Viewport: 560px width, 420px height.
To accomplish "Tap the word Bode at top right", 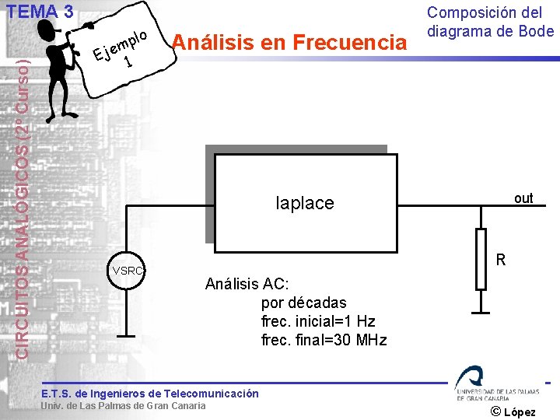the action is click(536, 31).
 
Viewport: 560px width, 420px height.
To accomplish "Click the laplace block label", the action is click(305, 203).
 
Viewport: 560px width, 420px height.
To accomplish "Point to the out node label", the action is click(523, 198).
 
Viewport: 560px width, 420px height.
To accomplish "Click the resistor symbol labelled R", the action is click(481, 260).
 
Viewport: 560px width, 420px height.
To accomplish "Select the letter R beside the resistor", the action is click(502, 260).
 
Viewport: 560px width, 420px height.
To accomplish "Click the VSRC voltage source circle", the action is click(128, 271).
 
